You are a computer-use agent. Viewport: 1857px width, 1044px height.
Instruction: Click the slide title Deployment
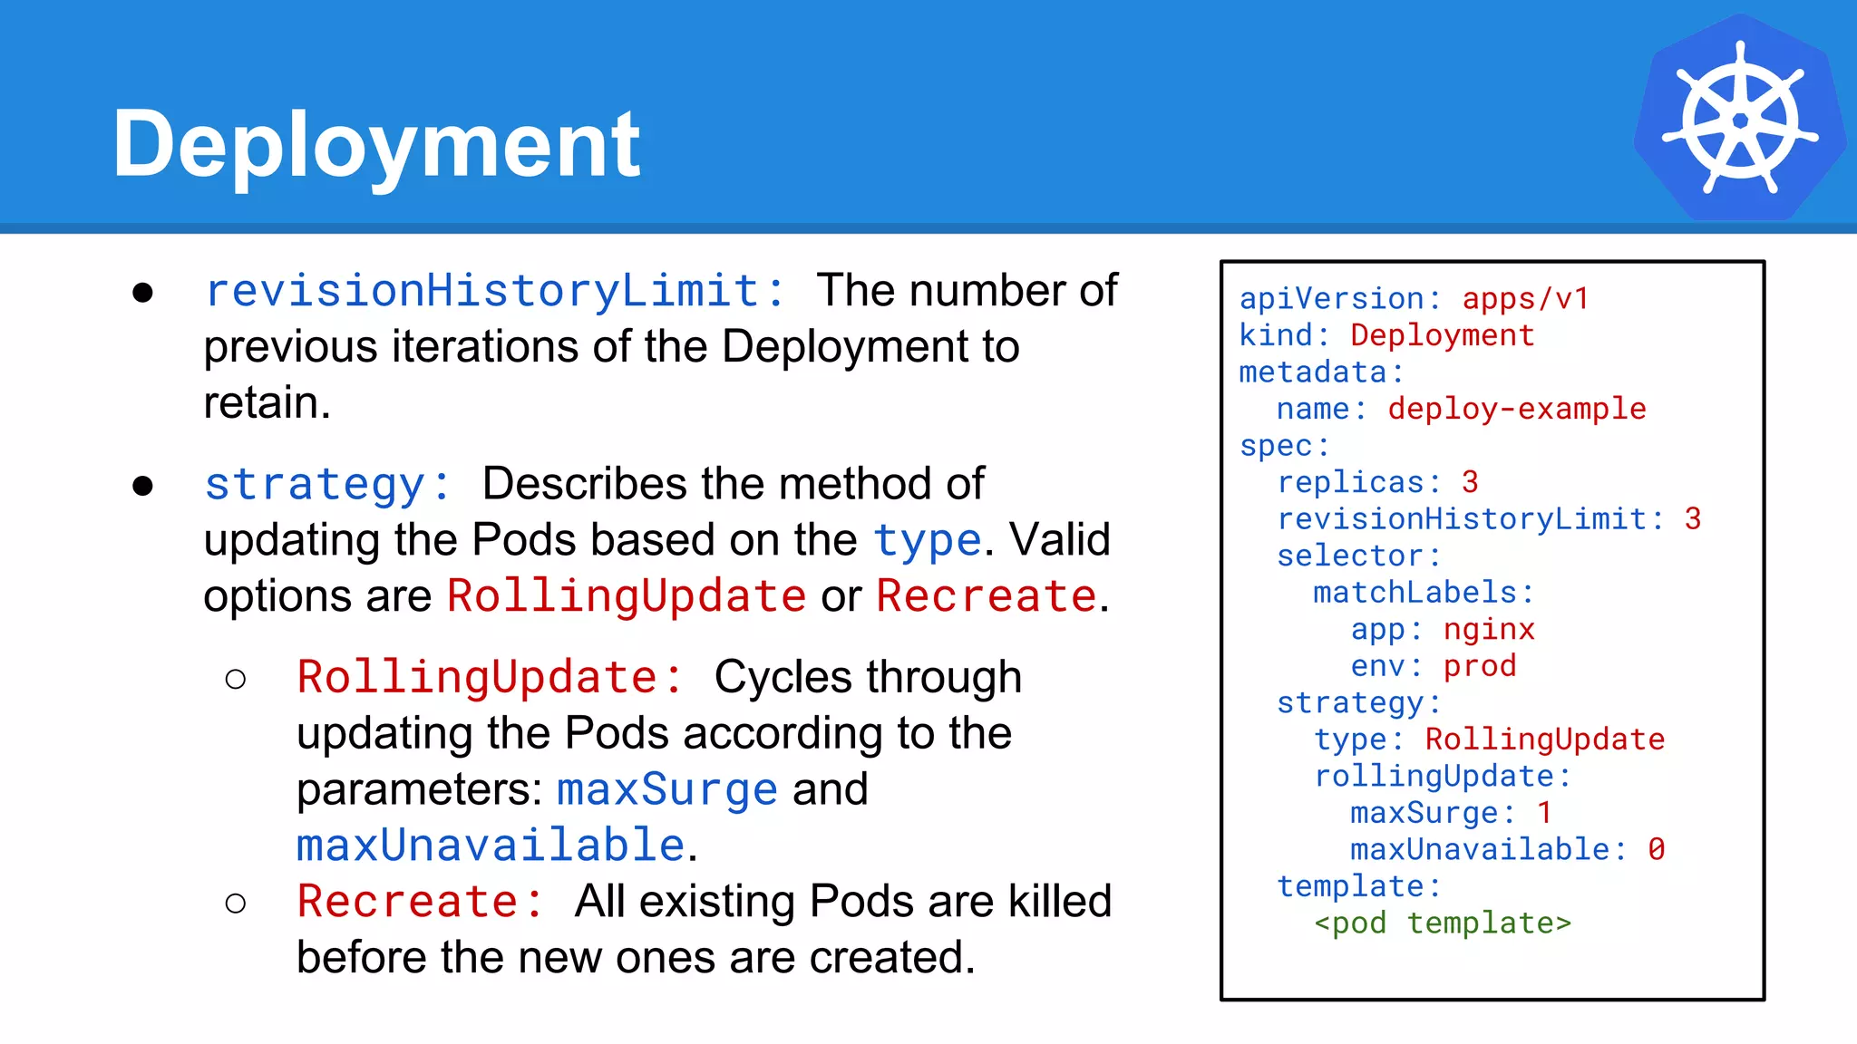pyautogui.click(x=376, y=143)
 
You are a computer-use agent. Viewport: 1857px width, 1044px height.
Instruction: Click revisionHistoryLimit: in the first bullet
pyautogui.click(x=495, y=291)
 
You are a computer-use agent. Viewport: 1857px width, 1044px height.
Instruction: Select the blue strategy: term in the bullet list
pyautogui.click(x=327, y=484)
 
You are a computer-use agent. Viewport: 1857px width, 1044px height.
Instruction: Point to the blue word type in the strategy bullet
pyautogui.click(x=927, y=541)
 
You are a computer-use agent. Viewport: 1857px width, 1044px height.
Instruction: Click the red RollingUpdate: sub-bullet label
pyautogui.click(x=491, y=678)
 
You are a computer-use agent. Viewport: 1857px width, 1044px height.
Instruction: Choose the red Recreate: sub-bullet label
pyautogui.click(x=421, y=902)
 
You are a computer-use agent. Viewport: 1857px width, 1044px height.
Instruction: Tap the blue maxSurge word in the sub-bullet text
pyautogui.click(x=667, y=789)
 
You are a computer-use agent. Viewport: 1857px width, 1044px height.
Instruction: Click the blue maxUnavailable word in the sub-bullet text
pyautogui.click(x=491, y=846)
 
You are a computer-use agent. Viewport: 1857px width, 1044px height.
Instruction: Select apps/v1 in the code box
pyautogui.click(x=1525, y=299)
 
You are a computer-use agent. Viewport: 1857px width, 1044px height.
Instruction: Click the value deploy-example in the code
pyautogui.click(x=1516, y=409)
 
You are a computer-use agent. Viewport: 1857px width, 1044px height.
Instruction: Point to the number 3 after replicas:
pyautogui.click(x=1470, y=482)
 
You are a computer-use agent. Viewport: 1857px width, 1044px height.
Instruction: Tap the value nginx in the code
pyautogui.click(x=1489, y=629)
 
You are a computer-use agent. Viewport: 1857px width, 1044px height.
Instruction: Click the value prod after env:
pyautogui.click(x=1480, y=666)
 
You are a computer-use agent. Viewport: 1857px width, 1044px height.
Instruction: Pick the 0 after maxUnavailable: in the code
pyautogui.click(x=1656, y=849)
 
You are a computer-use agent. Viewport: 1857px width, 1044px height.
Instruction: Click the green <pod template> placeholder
pyautogui.click(x=1442, y=923)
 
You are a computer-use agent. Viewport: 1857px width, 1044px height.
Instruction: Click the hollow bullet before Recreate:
pyautogui.click(x=236, y=903)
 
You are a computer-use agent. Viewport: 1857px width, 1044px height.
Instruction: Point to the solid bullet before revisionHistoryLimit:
pyautogui.click(x=142, y=292)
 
